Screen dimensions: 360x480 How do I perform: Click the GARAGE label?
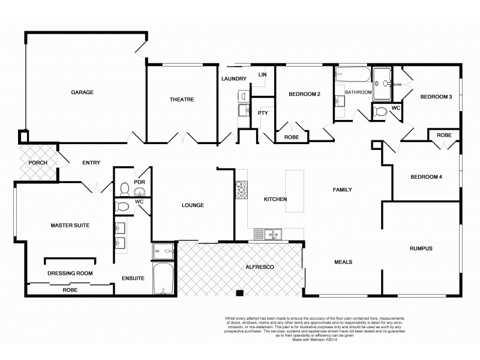[82, 92]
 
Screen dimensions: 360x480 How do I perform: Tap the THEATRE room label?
[181, 100]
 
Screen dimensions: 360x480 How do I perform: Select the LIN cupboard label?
[262, 74]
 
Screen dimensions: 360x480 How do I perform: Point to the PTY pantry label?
[262, 113]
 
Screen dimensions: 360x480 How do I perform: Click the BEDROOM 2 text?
[304, 94]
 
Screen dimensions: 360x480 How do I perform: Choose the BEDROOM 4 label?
[426, 177]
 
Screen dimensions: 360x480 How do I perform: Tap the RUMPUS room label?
[421, 248]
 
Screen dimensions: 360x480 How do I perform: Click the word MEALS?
[343, 262]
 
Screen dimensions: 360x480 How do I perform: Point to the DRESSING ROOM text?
[70, 274]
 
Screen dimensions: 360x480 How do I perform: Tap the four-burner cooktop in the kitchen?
[241, 189]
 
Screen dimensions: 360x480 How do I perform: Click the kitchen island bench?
[294, 191]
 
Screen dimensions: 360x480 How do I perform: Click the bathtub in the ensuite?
[162, 279]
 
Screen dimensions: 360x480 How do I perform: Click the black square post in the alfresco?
[239, 293]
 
